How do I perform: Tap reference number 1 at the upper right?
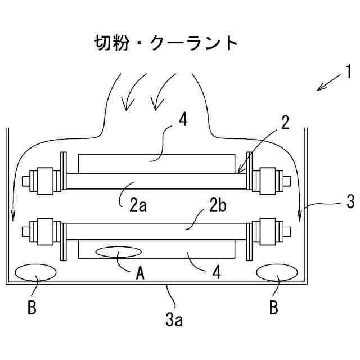[348, 73]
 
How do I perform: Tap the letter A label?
[141, 273]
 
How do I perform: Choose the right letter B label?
[273, 309]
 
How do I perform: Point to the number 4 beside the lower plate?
[216, 272]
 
